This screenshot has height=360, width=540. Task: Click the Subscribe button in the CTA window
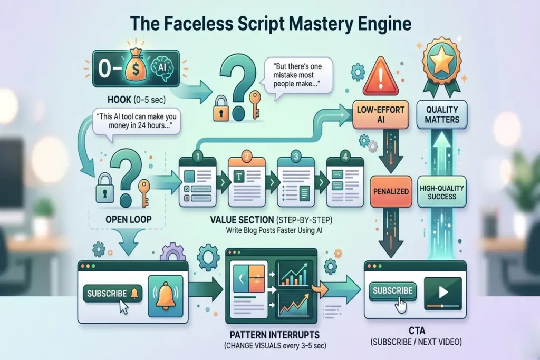[393, 290]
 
